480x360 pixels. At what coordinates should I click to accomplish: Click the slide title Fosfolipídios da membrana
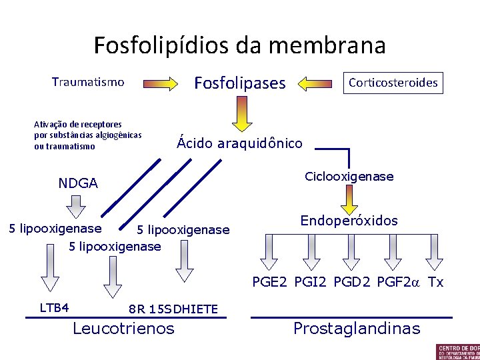click(239, 45)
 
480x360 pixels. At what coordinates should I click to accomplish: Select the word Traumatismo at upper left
click(88, 82)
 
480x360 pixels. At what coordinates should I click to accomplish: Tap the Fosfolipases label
click(239, 83)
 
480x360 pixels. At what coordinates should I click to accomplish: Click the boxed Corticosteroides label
click(393, 83)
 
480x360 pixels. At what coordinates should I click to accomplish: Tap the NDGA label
click(78, 183)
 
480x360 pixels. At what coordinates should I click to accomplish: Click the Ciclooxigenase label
click(349, 177)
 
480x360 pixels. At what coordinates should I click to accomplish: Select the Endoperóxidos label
click(349, 221)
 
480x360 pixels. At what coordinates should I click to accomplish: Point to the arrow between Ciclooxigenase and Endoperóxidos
click(349, 198)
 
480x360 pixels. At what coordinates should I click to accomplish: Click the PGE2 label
click(269, 282)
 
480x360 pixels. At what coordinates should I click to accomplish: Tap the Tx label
click(435, 282)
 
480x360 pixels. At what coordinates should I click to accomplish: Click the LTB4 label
click(55, 307)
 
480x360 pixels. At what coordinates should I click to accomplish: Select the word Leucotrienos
click(123, 328)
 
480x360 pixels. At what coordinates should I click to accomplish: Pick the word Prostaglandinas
click(357, 328)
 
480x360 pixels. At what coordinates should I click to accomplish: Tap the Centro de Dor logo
click(457, 351)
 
